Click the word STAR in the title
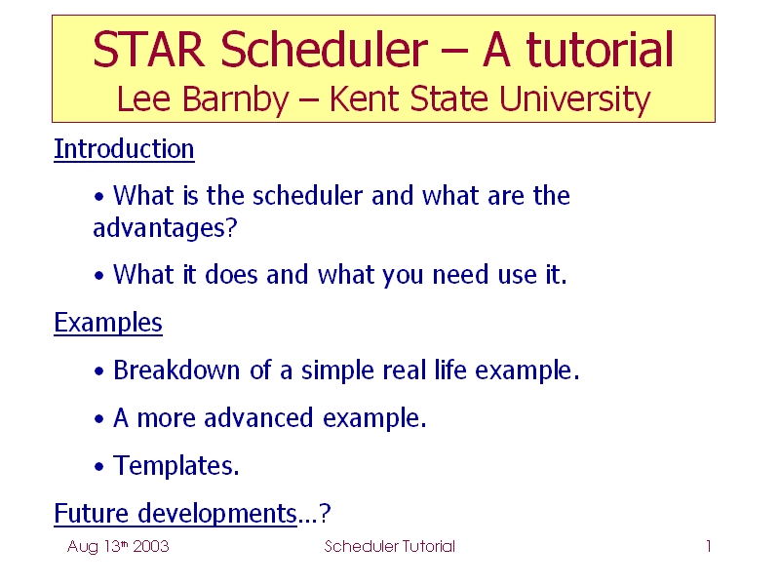149,49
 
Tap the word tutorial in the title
600,49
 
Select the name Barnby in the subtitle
235,99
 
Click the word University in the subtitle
574,99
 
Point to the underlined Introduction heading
124,149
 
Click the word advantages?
165,228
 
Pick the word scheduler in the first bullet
307,195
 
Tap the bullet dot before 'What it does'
99,276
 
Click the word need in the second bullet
460,275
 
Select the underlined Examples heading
108,323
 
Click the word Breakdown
176,370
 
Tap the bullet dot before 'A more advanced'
99,419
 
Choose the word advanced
258,418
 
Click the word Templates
176,466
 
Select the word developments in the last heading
217,514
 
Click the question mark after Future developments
325,514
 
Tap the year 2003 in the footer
151,546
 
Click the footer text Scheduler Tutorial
389,546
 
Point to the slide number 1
709,546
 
